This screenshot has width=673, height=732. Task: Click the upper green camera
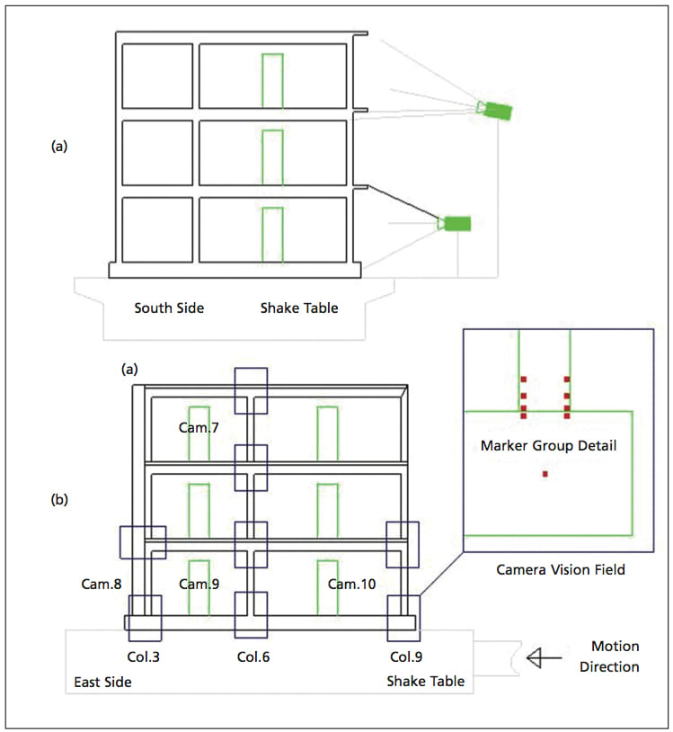click(x=495, y=110)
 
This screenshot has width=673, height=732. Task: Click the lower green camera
click(x=456, y=223)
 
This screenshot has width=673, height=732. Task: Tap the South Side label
click(x=169, y=308)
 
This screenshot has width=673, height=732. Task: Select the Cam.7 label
click(x=199, y=428)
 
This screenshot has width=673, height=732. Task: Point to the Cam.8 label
click(x=100, y=584)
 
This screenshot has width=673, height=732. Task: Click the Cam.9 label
click(x=199, y=584)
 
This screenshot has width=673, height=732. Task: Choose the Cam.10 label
click(x=351, y=584)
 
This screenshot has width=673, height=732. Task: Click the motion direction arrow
click(x=545, y=659)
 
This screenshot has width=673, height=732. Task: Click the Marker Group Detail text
click(x=548, y=445)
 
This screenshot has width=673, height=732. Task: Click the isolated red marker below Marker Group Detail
click(x=545, y=474)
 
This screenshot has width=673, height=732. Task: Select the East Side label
click(x=102, y=683)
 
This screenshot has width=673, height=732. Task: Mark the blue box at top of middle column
click(x=251, y=389)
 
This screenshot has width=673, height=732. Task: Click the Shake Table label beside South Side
click(x=299, y=308)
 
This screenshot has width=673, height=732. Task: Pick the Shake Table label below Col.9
click(x=425, y=682)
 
